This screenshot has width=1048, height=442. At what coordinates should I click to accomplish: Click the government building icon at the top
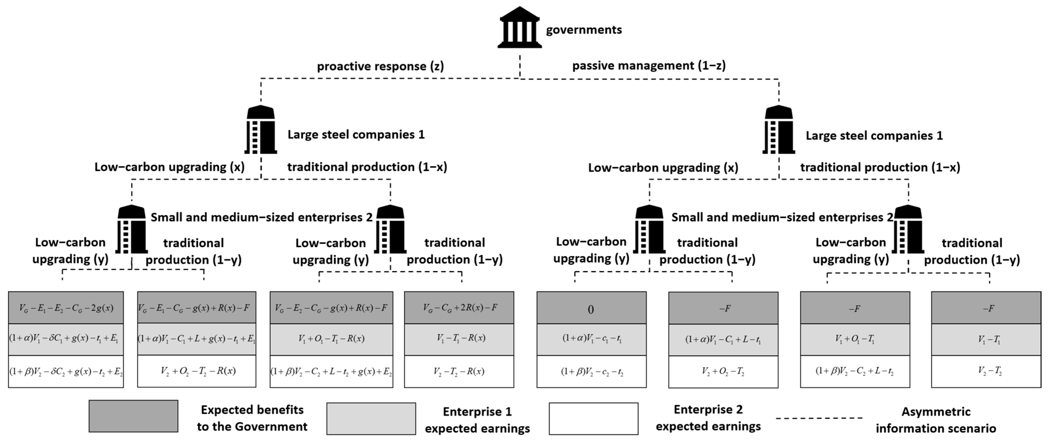(x=520, y=28)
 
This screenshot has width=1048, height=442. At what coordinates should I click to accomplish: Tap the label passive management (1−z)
(x=649, y=66)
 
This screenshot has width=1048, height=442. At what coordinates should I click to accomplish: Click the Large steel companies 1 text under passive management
(x=874, y=136)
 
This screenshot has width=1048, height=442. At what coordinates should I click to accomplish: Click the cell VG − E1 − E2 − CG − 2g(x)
(x=66, y=308)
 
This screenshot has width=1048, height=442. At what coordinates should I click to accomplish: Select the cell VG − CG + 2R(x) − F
(x=459, y=308)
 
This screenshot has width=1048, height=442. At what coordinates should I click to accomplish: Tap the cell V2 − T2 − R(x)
(x=459, y=371)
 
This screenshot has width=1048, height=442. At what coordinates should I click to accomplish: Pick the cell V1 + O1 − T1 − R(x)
(x=331, y=339)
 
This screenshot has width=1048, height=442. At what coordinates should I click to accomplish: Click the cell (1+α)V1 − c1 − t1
(x=591, y=339)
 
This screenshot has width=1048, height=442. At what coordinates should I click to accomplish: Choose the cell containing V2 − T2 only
(x=986, y=371)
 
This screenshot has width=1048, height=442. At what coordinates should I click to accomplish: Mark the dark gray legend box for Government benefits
(x=134, y=416)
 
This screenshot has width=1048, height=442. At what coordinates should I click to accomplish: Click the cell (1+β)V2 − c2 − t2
(x=591, y=371)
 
